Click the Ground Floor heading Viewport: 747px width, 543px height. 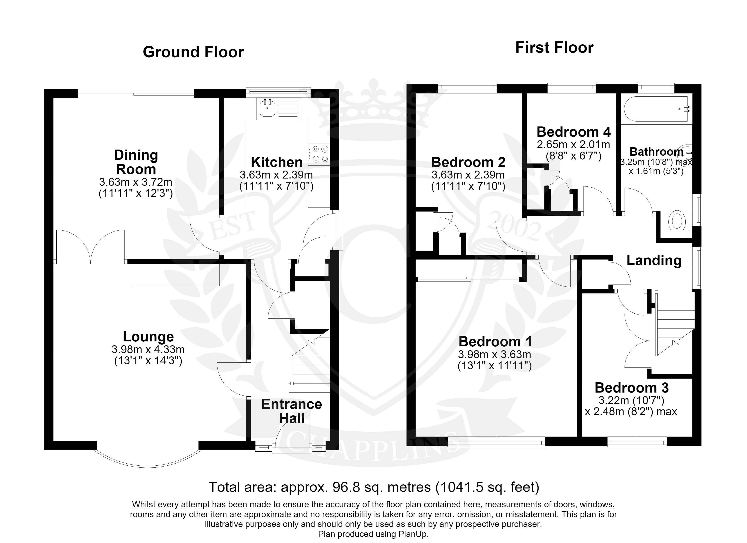click(x=193, y=52)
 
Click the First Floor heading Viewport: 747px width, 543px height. click(x=554, y=48)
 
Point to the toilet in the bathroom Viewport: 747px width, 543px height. click(x=677, y=224)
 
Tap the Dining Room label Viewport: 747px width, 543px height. click(x=136, y=162)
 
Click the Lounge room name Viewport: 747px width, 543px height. click(x=148, y=336)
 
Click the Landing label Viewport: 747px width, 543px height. click(x=654, y=260)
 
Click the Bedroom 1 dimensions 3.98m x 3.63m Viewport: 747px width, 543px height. click(x=494, y=354)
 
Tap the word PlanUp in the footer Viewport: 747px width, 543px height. click(x=414, y=534)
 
